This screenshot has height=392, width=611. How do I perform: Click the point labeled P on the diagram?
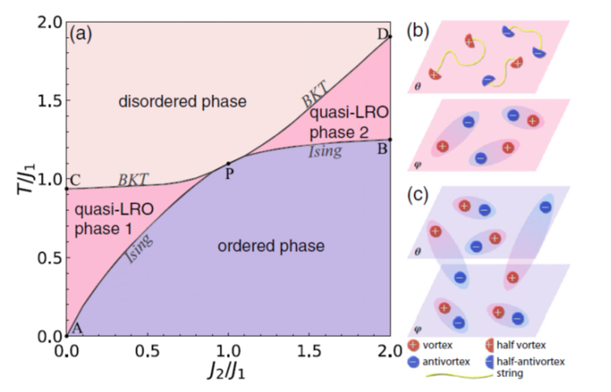228,164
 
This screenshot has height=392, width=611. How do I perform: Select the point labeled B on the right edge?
391,139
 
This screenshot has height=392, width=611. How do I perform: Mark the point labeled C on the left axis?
67,189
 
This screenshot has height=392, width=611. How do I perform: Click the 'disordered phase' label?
171,102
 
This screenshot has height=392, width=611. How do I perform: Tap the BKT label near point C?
133,179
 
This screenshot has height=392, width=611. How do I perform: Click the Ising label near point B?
324,151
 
